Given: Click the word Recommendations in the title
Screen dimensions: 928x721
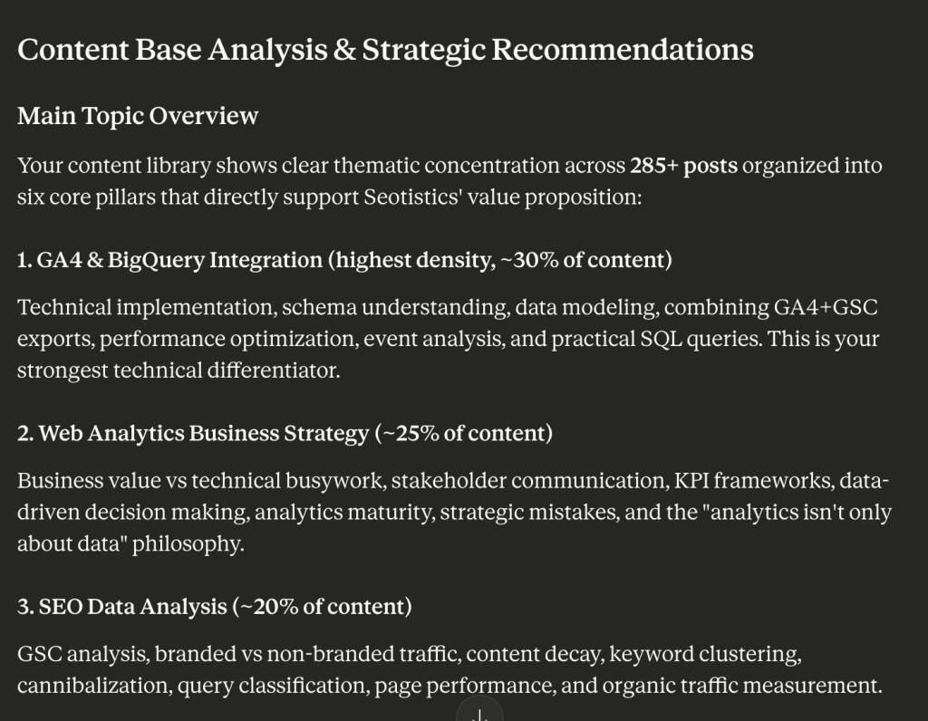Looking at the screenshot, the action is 623,50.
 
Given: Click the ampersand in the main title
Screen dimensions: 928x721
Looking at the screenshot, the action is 344,50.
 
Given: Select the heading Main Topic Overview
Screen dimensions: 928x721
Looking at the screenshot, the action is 138,116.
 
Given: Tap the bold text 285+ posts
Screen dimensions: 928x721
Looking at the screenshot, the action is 683,166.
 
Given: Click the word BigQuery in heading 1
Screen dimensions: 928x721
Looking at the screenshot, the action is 156,260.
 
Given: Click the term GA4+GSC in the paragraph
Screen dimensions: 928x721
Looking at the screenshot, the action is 826,308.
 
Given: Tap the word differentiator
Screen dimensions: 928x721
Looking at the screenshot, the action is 274,370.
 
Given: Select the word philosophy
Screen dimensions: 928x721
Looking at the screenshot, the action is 188,544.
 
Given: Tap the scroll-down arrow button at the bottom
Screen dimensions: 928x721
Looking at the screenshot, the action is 479,713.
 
